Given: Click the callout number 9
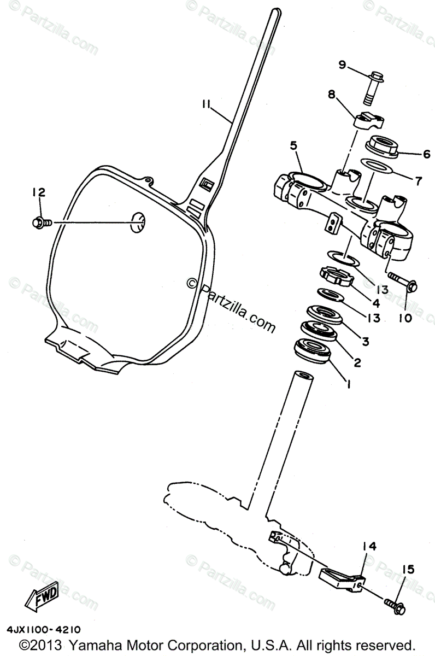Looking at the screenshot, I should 342,65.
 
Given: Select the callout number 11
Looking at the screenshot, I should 205,104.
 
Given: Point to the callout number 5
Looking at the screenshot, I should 293,146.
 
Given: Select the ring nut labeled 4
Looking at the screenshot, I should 334,275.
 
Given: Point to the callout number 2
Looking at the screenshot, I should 357,361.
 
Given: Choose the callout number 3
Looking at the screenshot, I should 365,341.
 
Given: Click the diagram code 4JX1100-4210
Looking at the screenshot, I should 44,630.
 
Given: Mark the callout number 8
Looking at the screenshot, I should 331,93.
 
